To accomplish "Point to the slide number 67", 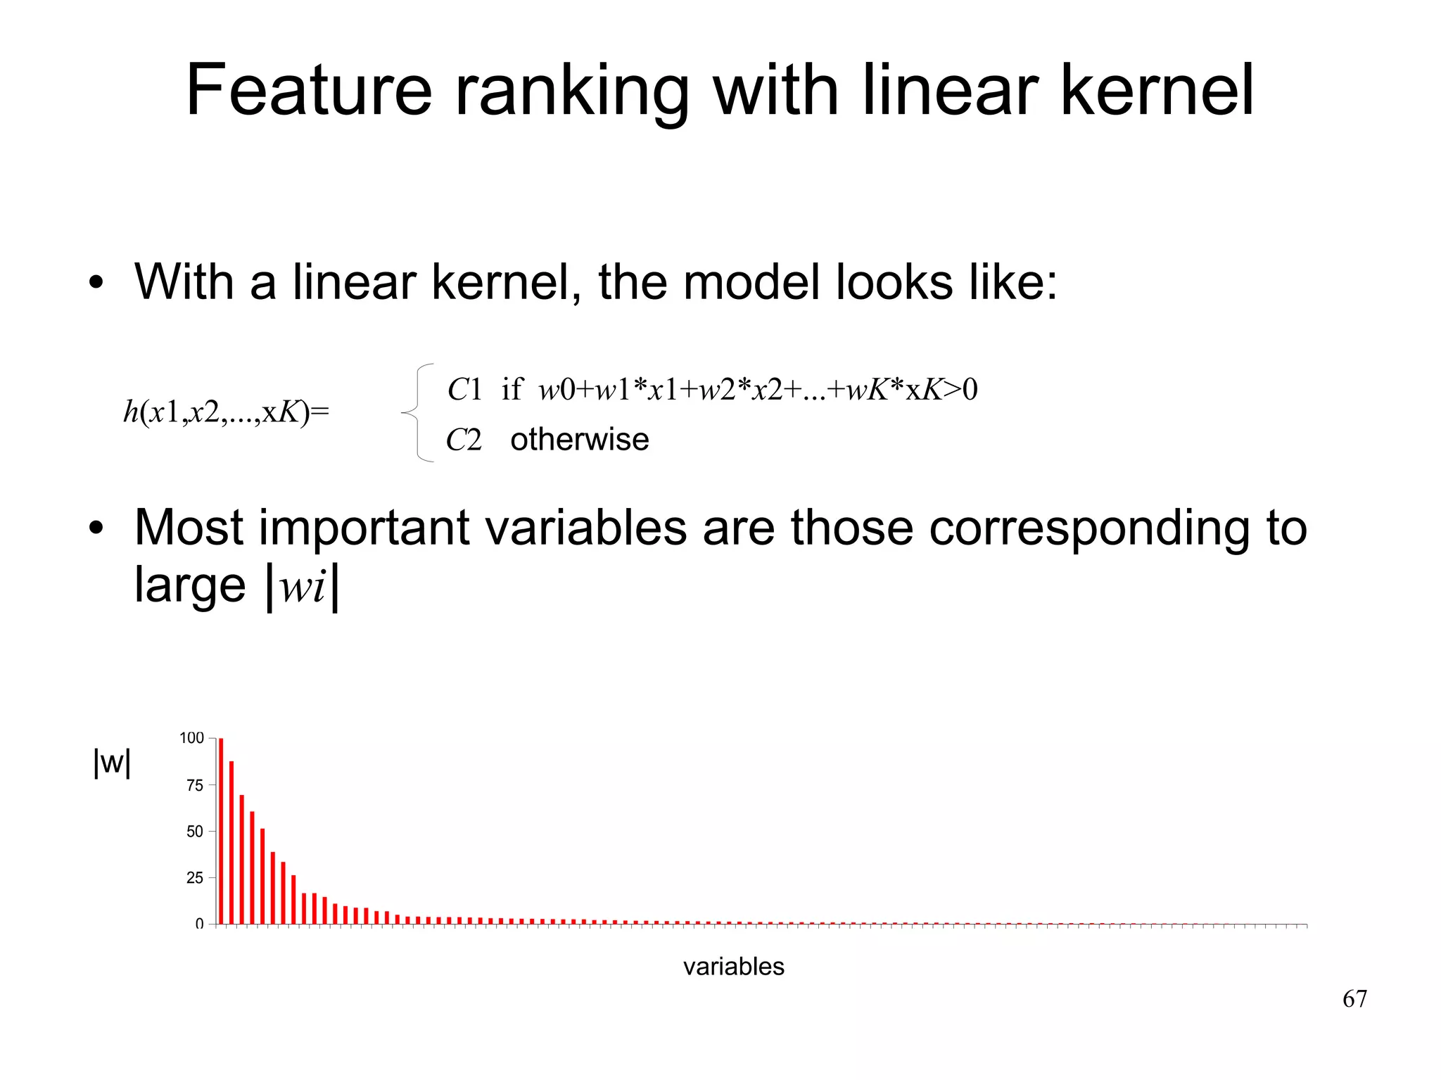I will click(1354, 999).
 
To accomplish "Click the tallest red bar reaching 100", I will click(221, 830).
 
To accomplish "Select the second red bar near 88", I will click(231, 842).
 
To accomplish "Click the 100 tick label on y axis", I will click(191, 738).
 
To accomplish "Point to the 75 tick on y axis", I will click(195, 785).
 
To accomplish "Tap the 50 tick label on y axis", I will click(195, 832).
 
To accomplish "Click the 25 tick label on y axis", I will click(195, 878).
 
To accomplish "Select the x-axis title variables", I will click(733, 967).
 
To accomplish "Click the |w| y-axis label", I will click(112, 762).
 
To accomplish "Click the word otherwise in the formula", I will click(579, 440).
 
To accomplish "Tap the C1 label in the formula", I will click(464, 390).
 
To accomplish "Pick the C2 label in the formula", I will click(464, 440).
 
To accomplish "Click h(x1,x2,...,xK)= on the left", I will click(226, 412).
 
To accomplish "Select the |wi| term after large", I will click(303, 586).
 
